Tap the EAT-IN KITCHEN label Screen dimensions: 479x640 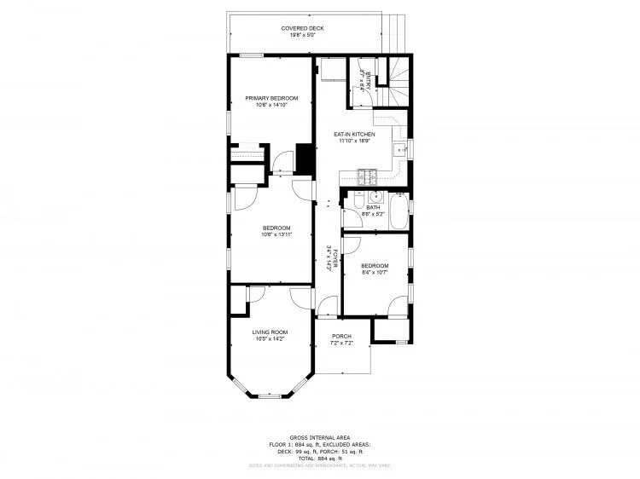(x=354, y=135)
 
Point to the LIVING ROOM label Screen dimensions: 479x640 (x=270, y=332)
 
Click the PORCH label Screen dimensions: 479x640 (x=341, y=336)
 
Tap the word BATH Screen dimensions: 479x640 (x=373, y=207)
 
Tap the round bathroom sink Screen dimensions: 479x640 (x=375, y=195)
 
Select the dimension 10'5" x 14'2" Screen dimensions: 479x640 (x=270, y=339)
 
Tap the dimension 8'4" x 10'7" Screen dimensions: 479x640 (x=374, y=273)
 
